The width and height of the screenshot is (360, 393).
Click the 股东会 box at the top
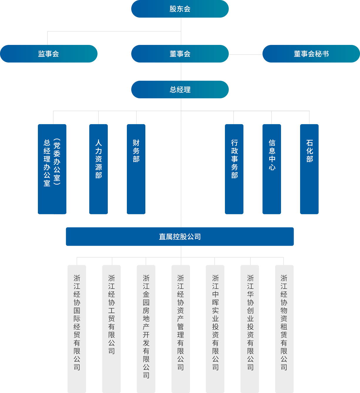pyautogui.click(x=180, y=9)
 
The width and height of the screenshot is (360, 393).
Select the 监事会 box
pyautogui.click(x=48, y=54)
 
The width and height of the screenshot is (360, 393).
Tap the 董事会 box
pyautogui.click(x=180, y=54)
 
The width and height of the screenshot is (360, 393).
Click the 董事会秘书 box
pyautogui.click(x=311, y=54)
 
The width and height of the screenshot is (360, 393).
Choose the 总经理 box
pyautogui.click(x=180, y=90)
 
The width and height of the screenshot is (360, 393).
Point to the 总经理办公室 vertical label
pyautogui.click(x=47, y=163)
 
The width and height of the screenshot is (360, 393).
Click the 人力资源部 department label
pyautogui.click(x=98, y=159)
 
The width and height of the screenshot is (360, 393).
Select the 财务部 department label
pyautogui.click(x=136, y=151)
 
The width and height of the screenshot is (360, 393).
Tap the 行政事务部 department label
pyautogui.click(x=234, y=159)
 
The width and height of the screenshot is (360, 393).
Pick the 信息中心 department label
pyautogui.click(x=272, y=155)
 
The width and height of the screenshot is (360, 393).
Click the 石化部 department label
pyautogui.click(x=309, y=151)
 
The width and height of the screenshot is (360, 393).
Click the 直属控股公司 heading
pyautogui.click(x=180, y=237)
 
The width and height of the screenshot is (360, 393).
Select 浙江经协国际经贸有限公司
pyautogui.click(x=77, y=322)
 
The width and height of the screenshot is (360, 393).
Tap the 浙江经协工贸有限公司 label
pyautogui.click(x=112, y=314)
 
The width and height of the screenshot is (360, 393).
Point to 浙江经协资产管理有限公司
pyautogui.click(x=181, y=322)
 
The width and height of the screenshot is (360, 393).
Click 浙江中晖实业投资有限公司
pyautogui.click(x=215, y=322)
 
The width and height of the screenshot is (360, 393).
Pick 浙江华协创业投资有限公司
pyautogui.click(x=250, y=322)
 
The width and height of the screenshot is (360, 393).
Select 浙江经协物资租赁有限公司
pyautogui.click(x=284, y=322)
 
